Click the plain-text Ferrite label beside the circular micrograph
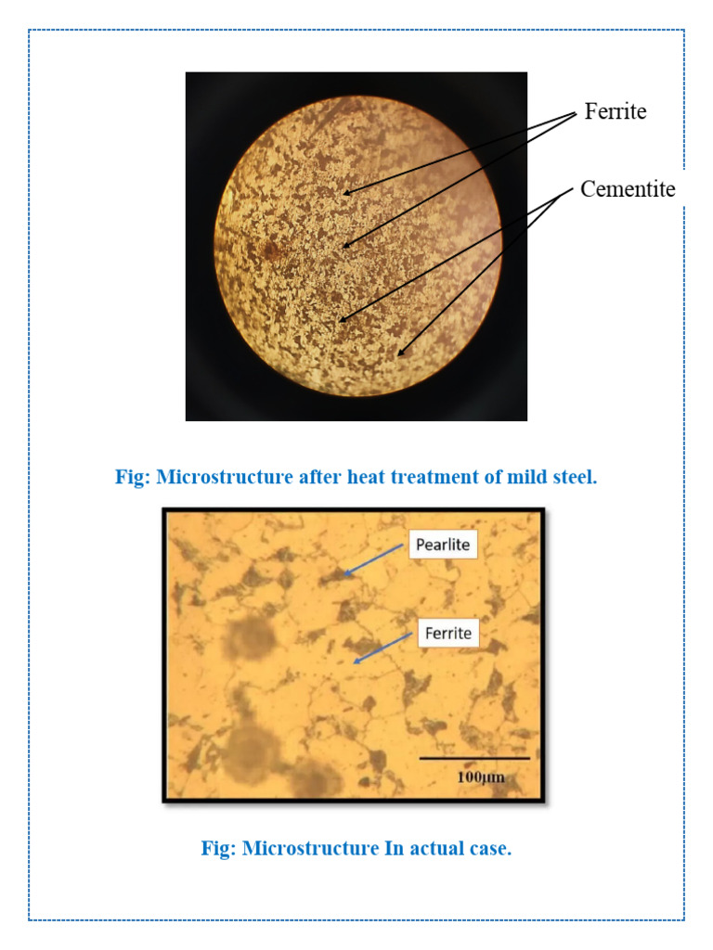tap(615, 112)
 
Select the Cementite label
tap(628, 189)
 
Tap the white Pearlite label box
tap(443, 545)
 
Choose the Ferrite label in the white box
tap(448, 634)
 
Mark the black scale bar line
tap(475, 758)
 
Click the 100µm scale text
tap(481, 777)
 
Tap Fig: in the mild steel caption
tap(133, 478)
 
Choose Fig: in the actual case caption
tap(219, 848)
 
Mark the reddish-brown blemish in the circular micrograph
tap(271, 249)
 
